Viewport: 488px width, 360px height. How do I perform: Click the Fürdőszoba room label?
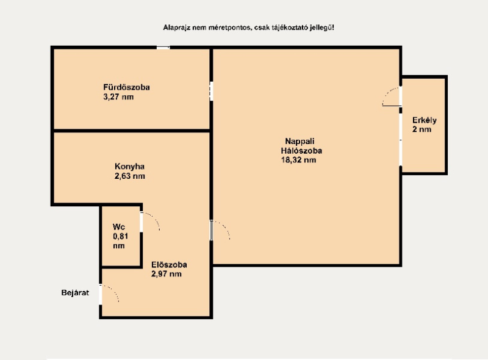click(x=126, y=87)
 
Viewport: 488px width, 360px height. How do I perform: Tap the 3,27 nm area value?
click(x=118, y=97)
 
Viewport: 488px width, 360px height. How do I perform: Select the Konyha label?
click(x=129, y=167)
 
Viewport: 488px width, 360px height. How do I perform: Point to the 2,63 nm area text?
click(x=130, y=176)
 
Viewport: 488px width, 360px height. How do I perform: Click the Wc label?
click(x=118, y=227)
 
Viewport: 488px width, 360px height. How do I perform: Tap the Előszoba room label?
click(x=169, y=265)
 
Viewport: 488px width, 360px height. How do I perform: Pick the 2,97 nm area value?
click(x=166, y=274)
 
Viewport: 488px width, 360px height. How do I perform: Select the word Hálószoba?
click(x=301, y=151)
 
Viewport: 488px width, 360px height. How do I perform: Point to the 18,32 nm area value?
click(x=298, y=160)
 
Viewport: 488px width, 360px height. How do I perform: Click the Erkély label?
click(x=424, y=121)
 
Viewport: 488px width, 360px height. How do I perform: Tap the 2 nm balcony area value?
click(x=422, y=129)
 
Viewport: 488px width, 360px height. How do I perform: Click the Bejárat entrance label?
click(x=75, y=293)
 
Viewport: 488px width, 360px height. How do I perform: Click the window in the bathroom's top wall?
click(x=163, y=48)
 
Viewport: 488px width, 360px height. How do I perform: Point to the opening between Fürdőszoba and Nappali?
click(x=211, y=91)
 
